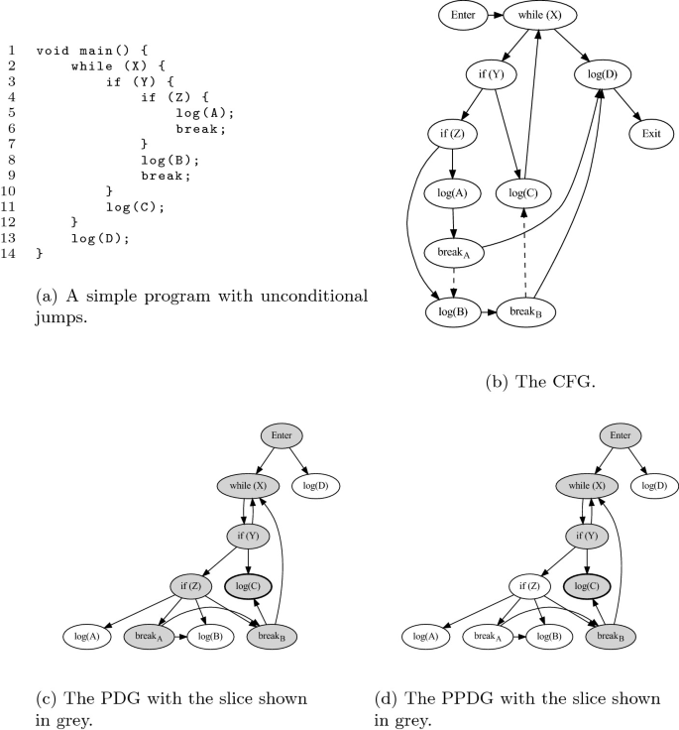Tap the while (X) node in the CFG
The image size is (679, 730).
(x=540, y=15)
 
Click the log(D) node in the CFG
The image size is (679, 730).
(x=604, y=73)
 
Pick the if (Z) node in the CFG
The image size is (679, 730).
(x=453, y=131)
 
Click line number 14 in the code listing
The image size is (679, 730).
(x=11, y=254)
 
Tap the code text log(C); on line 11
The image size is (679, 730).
(x=135, y=206)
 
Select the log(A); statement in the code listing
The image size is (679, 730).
(x=205, y=112)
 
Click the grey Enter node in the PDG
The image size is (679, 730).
(x=283, y=436)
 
